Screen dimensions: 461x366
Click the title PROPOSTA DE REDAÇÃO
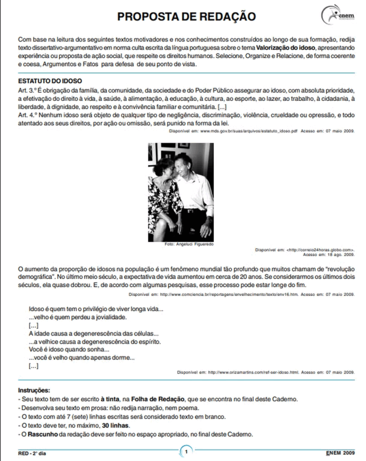click(186, 17)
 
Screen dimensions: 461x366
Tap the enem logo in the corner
click(338, 15)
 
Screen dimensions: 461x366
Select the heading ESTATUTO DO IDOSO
click(50, 81)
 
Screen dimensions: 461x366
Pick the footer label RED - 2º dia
click(32, 453)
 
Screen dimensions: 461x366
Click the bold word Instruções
click(34, 390)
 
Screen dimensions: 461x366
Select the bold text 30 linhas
click(117, 425)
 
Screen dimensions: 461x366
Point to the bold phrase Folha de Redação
click(158, 399)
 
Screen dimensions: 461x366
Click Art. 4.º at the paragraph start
click(27, 115)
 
